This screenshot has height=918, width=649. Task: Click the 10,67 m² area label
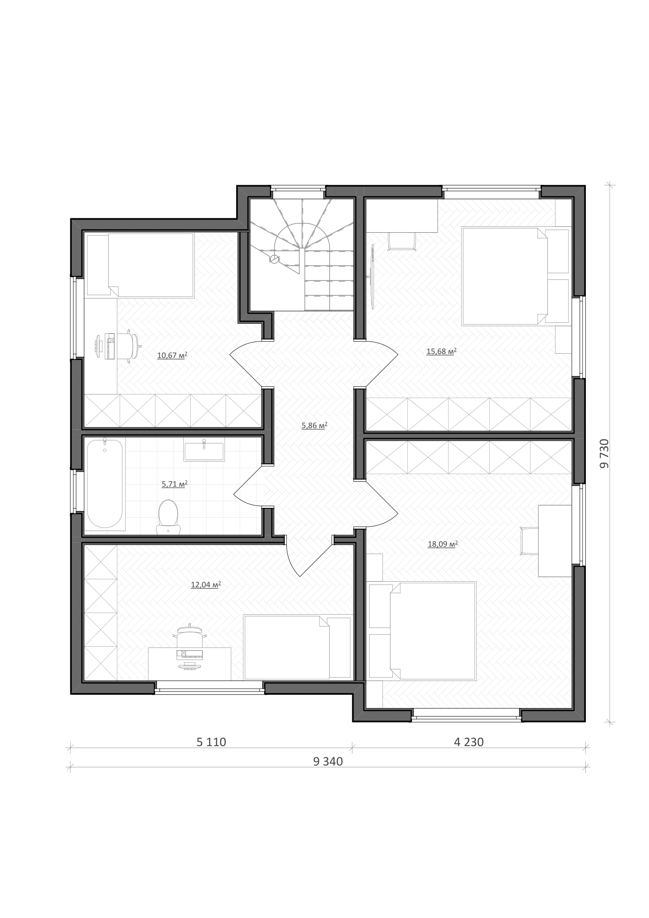pyautogui.click(x=172, y=355)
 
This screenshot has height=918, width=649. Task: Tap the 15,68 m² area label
pyautogui.click(x=441, y=351)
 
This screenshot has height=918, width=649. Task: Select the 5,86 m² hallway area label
pyautogui.click(x=315, y=425)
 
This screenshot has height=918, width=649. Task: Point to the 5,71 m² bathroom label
pyautogui.click(x=175, y=484)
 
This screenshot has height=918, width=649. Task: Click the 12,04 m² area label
pyautogui.click(x=206, y=584)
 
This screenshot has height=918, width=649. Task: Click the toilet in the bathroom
pyautogui.click(x=168, y=517)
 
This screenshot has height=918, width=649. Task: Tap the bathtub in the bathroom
pyautogui.click(x=105, y=484)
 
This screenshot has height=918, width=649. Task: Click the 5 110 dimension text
pyautogui.click(x=211, y=742)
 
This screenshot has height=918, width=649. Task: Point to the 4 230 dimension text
pyautogui.click(x=469, y=742)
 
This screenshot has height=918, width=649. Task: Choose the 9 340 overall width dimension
pyautogui.click(x=328, y=762)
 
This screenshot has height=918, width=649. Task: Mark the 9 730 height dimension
pyautogui.click(x=604, y=453)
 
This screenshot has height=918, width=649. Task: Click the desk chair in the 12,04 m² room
pyautogui.click(x=190, y=635)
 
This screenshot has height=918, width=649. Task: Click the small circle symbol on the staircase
pyautogui.click(x=274, y=259)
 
